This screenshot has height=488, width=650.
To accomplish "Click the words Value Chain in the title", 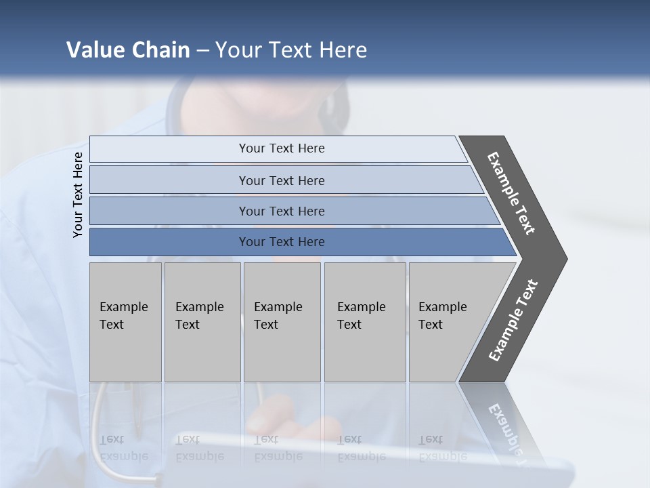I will click(128, 50).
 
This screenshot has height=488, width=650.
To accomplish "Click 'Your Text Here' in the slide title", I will click(291, 50).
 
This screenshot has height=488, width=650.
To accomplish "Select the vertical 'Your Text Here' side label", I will click(78, 195).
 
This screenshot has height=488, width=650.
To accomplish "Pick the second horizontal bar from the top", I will click(281, 180).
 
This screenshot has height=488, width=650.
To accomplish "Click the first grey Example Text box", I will click(125, 322).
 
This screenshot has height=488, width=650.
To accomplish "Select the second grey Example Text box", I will click(202, 322).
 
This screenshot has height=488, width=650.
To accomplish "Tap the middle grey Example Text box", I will click(282, 322).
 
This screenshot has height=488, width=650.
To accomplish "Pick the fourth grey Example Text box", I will click(365, 322).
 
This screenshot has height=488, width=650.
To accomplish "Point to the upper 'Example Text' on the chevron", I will click(511, 193).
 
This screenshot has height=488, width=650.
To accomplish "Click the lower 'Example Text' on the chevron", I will click(513, 321).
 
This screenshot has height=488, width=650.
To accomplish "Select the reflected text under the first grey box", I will click(123, 448).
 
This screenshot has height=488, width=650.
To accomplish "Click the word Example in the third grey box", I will click(278, 307).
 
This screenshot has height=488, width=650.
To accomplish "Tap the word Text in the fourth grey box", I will click(349, 325).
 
